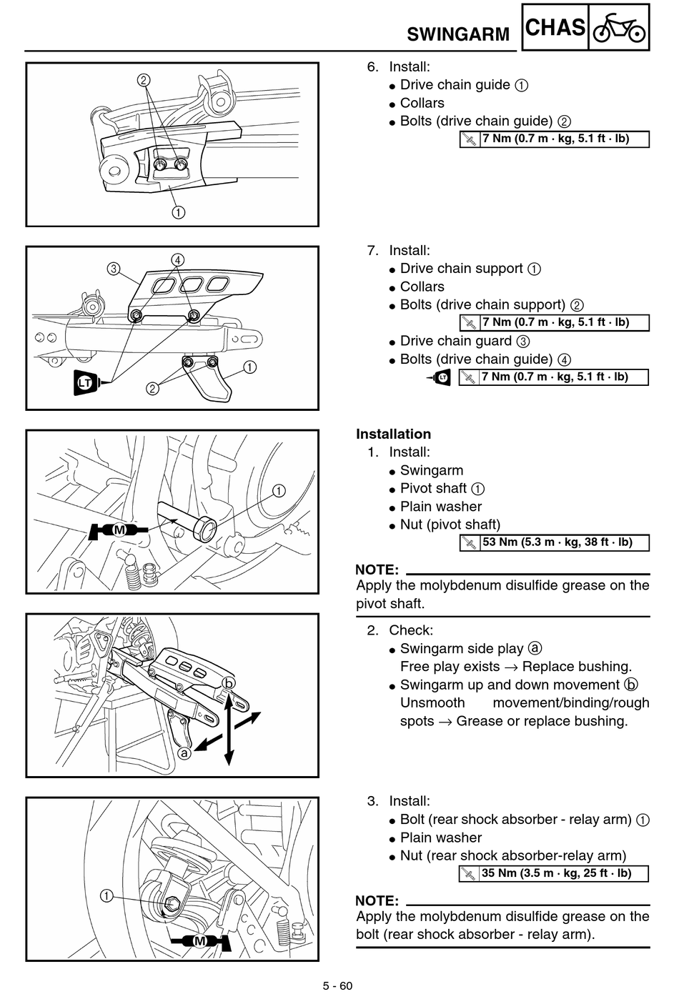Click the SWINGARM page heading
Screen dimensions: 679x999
(x=457, y=34)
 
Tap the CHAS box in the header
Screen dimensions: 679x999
(x=555, y=27)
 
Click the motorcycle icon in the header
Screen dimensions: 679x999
(x=619, y=28)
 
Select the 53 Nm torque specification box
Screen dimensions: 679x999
(x=554, y=543)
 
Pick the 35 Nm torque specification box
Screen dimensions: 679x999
(x=554, y=874)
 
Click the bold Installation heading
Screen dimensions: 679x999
(x=393, y=434)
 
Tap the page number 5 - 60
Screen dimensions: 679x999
(x=338, y=986)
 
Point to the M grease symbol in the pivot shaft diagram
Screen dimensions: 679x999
(x=118, y=530)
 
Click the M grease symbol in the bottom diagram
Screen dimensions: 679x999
(x=201, y=941)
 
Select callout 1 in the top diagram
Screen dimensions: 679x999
(x=178, y=212)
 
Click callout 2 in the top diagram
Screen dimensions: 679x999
(x=143, y=80)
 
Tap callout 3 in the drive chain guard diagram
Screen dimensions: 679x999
(x=114, y=269)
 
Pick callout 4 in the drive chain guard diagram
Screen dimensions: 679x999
(x=177, y=259)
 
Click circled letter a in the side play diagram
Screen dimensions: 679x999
(x=184, y=753)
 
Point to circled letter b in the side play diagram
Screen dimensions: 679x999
(x=229, y=683)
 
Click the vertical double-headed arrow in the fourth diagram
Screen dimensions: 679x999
(x=229, y=727)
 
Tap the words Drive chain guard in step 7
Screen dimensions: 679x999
(x=456, y=341)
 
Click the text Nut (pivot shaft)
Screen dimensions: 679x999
(x=450, y=525)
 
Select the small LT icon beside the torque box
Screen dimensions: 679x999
(x=440, y=377)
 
